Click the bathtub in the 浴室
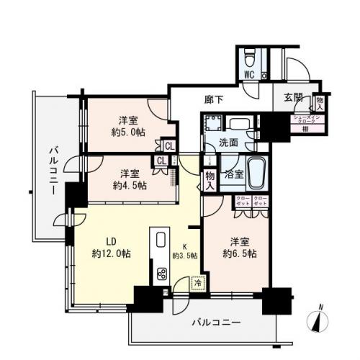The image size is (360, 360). coord(257,173)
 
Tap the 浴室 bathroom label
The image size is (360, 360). coord(233,174)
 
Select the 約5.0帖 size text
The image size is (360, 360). coord(129,133)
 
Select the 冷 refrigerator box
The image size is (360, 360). coord(197,283)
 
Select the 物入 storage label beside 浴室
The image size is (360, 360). coord(209,177)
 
